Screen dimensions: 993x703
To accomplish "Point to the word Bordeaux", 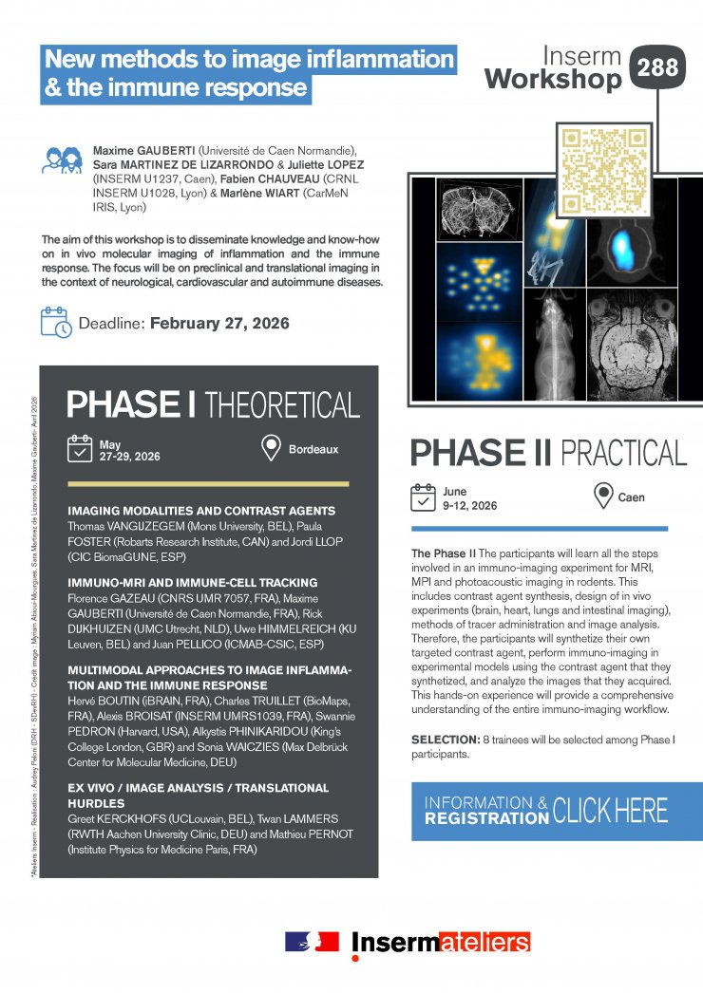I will tap(313, 449).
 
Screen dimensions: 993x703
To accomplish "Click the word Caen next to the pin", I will tap(632, 496).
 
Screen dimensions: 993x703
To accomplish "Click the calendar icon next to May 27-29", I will tap(79, 449).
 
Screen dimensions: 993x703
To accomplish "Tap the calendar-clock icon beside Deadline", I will tap(56, 322).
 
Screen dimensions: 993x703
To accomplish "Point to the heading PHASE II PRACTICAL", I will tap(548, 452).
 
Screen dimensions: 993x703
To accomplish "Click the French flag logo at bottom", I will tap(312, 942).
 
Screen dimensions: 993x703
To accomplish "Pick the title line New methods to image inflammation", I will tap(250, 59).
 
